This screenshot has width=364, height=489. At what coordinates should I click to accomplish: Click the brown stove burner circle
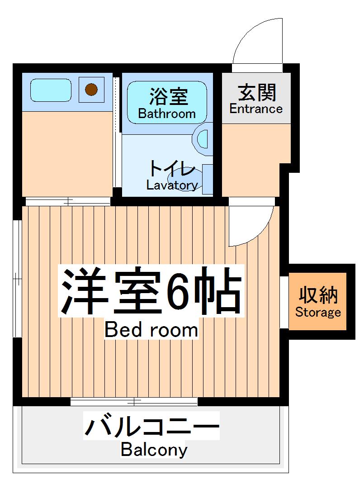click(91, 89)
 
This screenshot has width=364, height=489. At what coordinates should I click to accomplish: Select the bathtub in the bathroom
click(166, 103)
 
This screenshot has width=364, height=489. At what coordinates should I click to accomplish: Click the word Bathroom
click(166, 114)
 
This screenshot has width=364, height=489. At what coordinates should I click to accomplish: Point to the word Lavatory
click(172, 185)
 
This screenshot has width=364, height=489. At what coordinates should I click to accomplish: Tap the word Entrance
click(256, 109)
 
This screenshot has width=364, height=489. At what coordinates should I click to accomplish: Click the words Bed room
click(151, 330)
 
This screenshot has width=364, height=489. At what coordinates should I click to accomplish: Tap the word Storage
click(318, 312)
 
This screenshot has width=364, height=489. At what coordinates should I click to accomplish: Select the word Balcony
click(154, 450)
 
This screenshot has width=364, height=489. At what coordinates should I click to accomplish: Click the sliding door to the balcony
click(134, 402)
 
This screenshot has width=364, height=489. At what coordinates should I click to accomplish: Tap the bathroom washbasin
click(202, 138)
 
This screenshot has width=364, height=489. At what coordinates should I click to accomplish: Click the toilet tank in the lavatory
click(207, 179)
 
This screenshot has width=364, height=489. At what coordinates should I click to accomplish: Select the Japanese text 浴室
click(168, 95)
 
